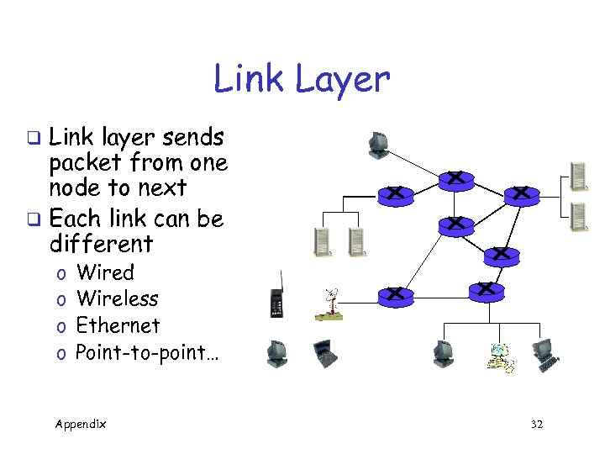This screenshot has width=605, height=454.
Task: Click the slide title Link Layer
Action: point(302,80)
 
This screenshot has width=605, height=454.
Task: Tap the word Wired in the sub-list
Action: point(105,272)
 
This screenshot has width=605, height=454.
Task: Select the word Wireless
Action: point(117,298)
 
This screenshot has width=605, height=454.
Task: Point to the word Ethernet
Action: point(117,325)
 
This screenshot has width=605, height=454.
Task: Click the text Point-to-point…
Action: point(146,352)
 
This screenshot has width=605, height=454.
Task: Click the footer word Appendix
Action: point(81,424)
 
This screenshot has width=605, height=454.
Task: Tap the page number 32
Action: point(536,425)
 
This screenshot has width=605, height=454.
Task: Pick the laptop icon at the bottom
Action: point(324,354)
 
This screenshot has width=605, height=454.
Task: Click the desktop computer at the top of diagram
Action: point(378,145)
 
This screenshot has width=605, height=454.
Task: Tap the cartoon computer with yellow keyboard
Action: point(502,358)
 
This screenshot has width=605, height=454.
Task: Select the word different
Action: point(101,245)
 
